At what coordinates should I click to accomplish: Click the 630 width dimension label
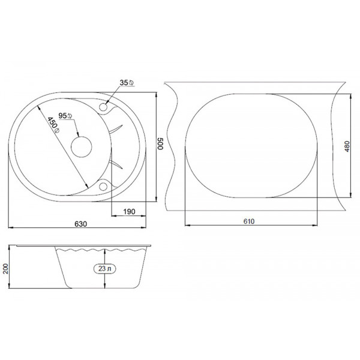(x=81, y=224)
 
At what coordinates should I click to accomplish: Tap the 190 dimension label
(x=129, y=211)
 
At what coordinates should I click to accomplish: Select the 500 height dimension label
(x=160, y=144)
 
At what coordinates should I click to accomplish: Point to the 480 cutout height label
(x=347, y=146)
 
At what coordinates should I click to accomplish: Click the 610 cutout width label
(x=249, y=221)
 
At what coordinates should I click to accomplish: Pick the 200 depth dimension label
(x=5, y=268)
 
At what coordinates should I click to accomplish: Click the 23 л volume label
(x=104, y=269)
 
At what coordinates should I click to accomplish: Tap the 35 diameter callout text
(x=127, y=83)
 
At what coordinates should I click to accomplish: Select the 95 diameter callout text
(x=65, y=116)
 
